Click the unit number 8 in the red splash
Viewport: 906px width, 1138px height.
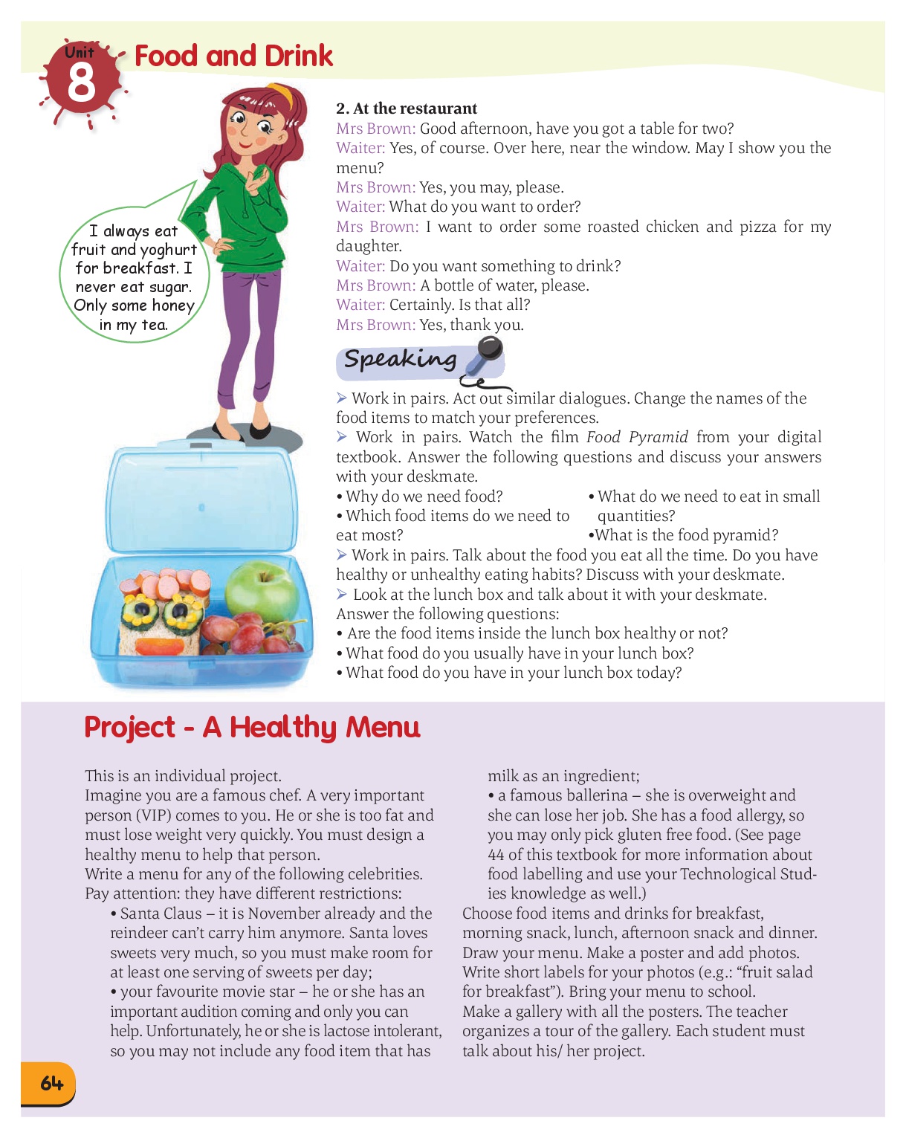(x=81, y=83)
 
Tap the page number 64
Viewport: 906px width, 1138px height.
(x=51, y=1083)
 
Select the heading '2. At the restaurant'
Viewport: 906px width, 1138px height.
(x=407, y=109)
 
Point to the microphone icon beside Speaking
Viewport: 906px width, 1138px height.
(x=485, y=355)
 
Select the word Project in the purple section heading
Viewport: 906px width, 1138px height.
(x=130, y=727)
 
